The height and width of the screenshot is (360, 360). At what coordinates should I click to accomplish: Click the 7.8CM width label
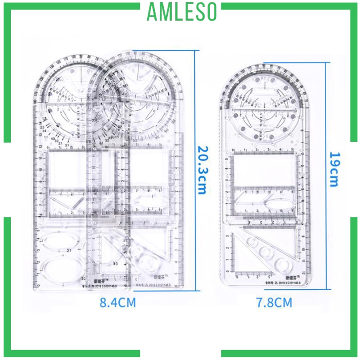(274, 302)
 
